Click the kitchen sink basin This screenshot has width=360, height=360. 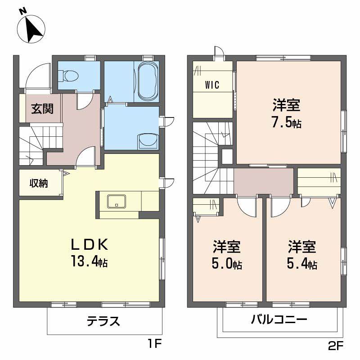[x=117, y=201]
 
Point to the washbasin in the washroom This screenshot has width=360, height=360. [x=148, y=141]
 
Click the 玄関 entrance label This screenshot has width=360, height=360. [x=42, y=109]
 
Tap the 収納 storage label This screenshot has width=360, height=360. [x=39, y=184]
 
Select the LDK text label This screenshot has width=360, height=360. [x=90, y=245]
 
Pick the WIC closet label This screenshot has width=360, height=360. [x=212, y=85]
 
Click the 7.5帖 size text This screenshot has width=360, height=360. [x=286, y=122]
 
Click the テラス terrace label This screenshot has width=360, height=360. [x=103, y=321]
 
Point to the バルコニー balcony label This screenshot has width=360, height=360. [x=279, y=319]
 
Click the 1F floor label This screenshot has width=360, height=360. [x=154, y=344]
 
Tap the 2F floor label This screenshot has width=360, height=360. [x=336, y=346]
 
